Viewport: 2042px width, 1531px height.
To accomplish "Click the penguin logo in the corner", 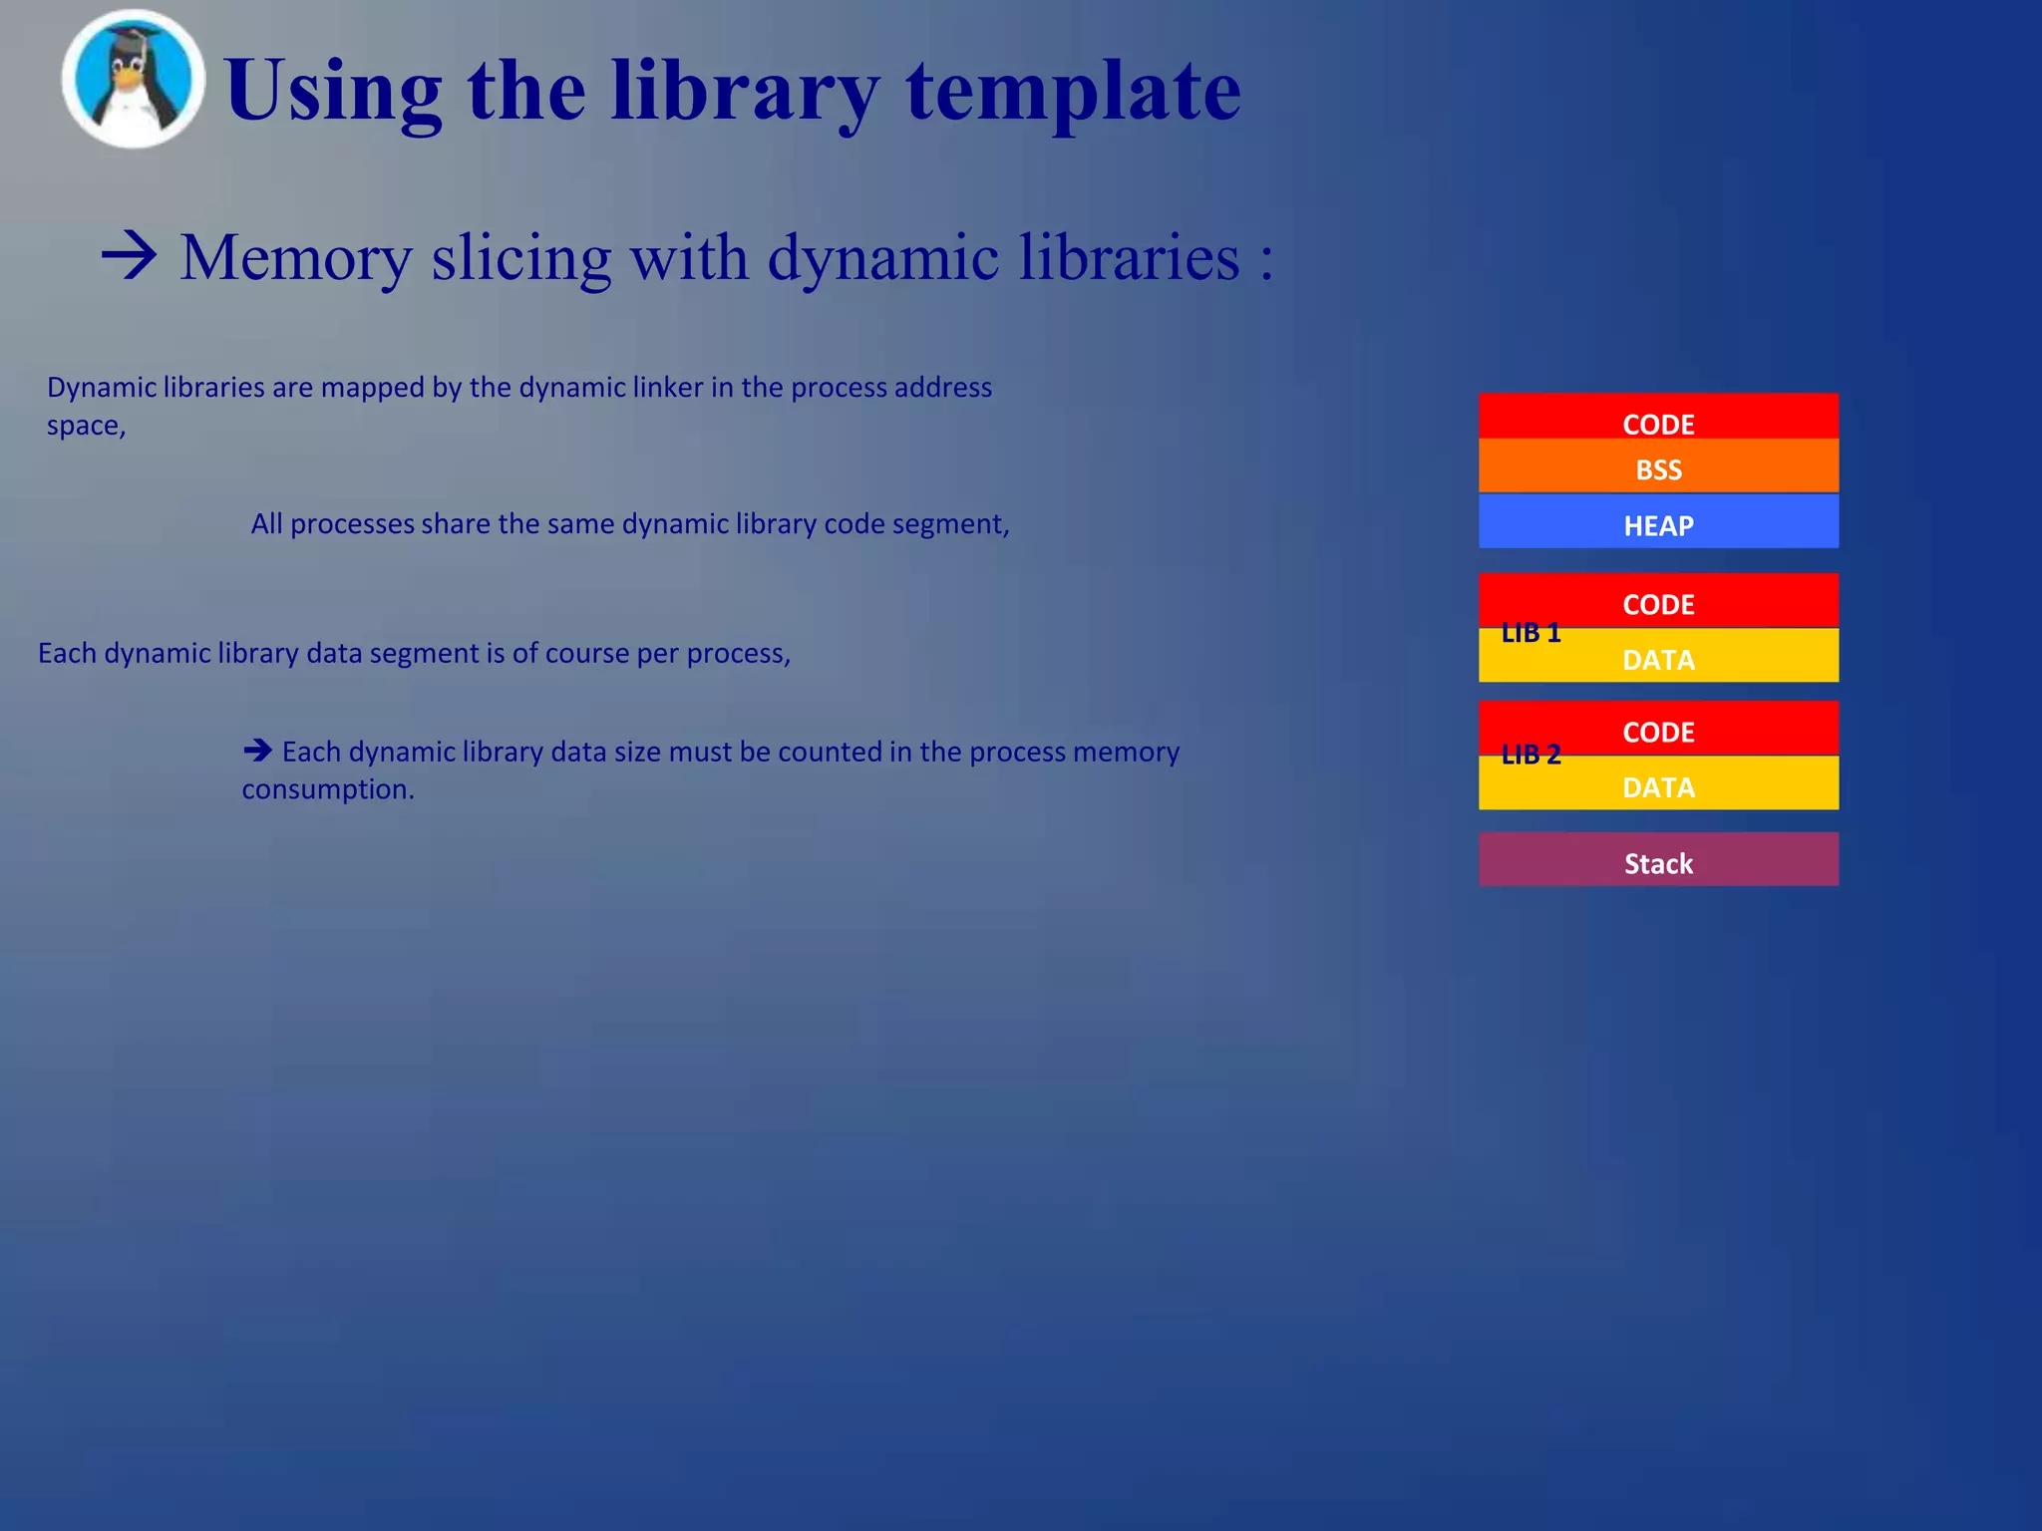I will pyautogui.click(x=133, y=80).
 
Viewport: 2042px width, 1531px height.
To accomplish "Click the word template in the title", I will pyautogui.click(x=1073, y=92).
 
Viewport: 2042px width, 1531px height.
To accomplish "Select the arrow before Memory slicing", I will pyautogui.click(x=130, y=256).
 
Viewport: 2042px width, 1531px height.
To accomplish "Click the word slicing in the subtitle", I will pyautogui.click(x=520, y=258).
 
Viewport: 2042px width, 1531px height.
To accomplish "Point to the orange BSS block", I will pyautogui.click(x=1658, y=468).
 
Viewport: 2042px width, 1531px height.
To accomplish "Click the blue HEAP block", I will pyautogui.click(x=1658, y=523).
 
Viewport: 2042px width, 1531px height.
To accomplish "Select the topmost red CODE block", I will pyautogui.click(x=1658, y=419).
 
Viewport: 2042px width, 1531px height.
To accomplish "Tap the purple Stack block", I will pyautogui.click(x=1658, y=861).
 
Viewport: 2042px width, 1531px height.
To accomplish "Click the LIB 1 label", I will pyautogui.click(x=1531, y=633).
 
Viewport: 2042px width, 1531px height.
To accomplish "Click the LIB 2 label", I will pyautogui.click(x=1531, y=756).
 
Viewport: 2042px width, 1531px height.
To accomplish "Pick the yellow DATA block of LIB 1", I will pyautogui.click(x=1658, y=659).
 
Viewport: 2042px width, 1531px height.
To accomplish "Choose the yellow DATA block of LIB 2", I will pyautogui.click(x=1658, y=786).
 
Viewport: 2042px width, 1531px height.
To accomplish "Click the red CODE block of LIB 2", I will pyautogui.click(x=1658, y=731).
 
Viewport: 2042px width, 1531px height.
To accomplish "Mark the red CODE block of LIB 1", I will pyautogui.click(x=1658, y=602).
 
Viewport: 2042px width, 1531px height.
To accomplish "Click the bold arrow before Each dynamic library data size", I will pyautogui.click(x=257, y=750).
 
